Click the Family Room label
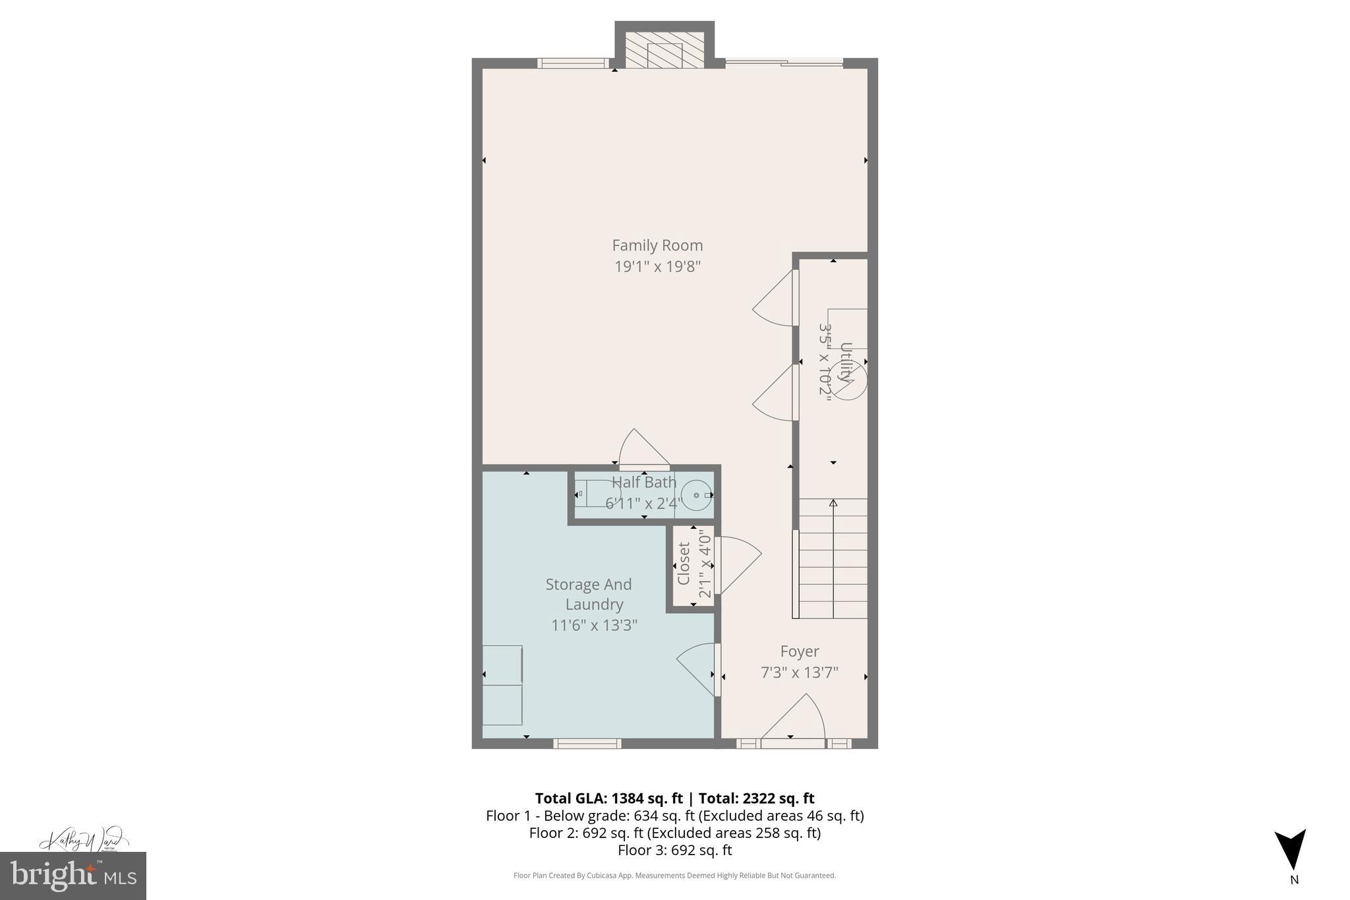(x=657, y=245)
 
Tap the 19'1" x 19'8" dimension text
(x=657, y=267)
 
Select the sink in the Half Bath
(x=696, y=495)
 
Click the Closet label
(x=684, y=564)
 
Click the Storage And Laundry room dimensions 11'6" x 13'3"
(x=594, y=625)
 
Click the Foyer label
(x=799, y=651)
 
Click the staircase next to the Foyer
(x=833, y=558)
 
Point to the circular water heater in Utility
(x=848, y=381)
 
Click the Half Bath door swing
(x=643, y=451)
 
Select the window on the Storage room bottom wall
(x=587, y=744)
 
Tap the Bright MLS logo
(x=73, y=876)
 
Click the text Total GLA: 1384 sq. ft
(x=608, y=798)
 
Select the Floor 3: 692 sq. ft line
(x=674, y=850)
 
